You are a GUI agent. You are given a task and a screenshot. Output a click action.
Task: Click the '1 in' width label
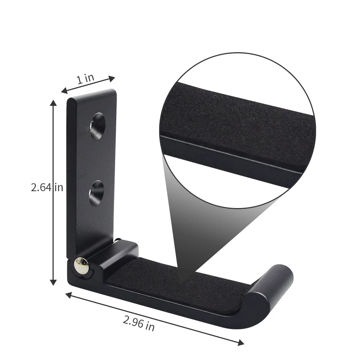point(85,79)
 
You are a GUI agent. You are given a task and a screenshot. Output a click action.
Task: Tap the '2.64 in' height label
point(47,188)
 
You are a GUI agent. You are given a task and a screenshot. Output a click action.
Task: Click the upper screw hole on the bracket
point(98,126)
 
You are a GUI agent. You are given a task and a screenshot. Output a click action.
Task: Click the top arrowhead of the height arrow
point(53,104)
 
